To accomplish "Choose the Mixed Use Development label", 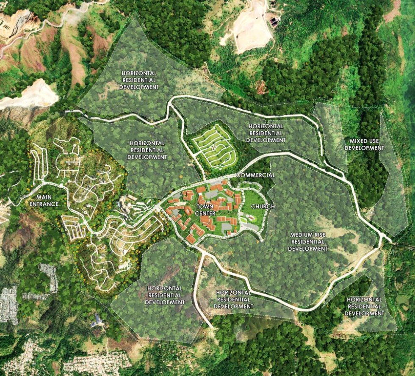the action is [x=364, y=144].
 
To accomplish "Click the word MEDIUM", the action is [x=302, y=235].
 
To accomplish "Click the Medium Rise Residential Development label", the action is [x=308, y=242].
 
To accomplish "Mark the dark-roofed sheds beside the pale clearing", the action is [x=274, y=21].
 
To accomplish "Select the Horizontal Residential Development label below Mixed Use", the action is [x=364, y=307].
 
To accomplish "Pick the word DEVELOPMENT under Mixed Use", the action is [x=364, y=148].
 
